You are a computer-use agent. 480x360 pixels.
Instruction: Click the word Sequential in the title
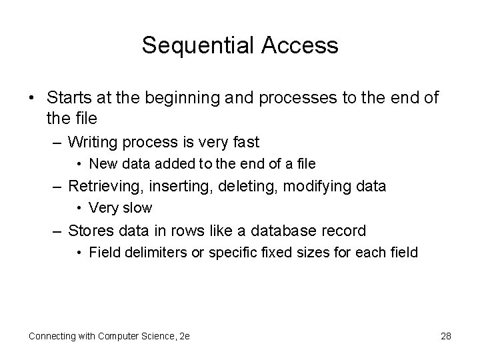click(193, 46)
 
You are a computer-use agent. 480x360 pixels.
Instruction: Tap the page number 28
click(445, 336)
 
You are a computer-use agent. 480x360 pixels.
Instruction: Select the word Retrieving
click(103, 186)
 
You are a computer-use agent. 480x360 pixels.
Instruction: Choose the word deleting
click(248, 186)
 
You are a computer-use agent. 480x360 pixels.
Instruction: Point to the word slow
click(137, 208)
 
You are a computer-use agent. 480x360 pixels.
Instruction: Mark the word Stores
click(91, 231)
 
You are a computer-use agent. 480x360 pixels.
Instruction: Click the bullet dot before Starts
click(33, 98)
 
